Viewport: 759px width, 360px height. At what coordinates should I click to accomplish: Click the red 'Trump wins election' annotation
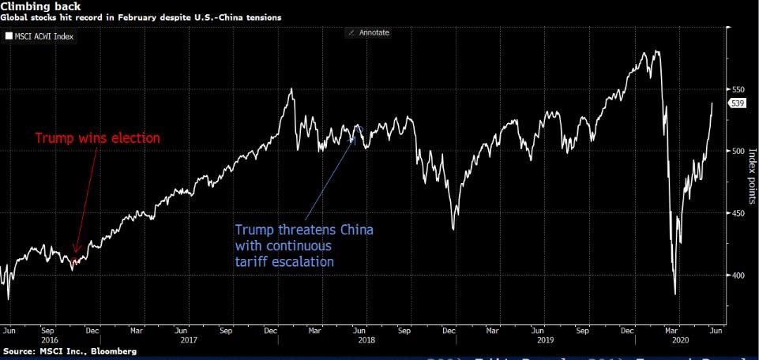pyautogui.click(x=97, y=138)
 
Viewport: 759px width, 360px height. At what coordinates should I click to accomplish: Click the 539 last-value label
pyautogui.click(x=735, y=103)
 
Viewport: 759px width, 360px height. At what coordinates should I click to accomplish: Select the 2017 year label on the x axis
pyautogui.click(x=187, y=341)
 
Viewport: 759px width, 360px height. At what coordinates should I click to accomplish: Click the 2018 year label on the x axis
pyautogui.click(x=366, y=341)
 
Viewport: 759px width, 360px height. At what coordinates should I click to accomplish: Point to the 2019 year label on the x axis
pyautogui.click(x=544, y=341)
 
